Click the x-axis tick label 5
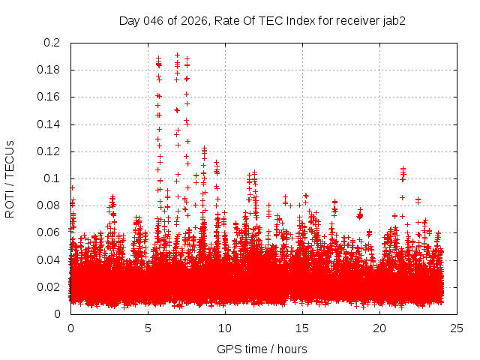(148, 328)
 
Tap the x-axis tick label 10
(225, 328)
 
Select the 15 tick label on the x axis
(302, 328)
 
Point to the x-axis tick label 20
(379, 328)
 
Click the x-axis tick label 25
(457, 328)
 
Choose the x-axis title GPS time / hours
(262, 349)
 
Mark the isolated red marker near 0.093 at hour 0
(72, 187)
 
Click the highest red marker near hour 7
(177, 55)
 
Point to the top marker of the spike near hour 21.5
(403, 169)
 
